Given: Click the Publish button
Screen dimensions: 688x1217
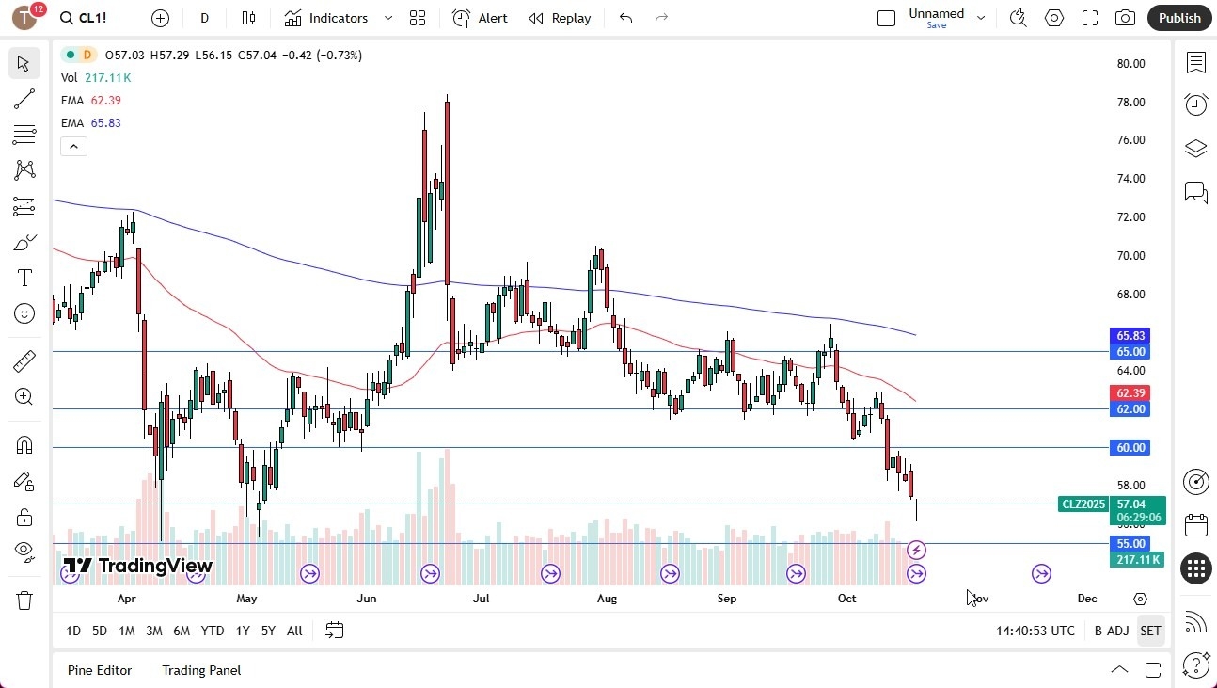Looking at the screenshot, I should click(1179, 18).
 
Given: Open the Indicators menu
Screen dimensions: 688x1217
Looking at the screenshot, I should click(339, 18).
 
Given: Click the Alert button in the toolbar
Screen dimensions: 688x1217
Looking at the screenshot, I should click(480, 18).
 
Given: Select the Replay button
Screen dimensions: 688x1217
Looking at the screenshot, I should click(560, 18).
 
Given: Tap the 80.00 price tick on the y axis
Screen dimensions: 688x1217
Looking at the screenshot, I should click(1130, 64).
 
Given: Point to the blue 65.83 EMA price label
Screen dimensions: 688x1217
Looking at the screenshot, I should click(1130, 336).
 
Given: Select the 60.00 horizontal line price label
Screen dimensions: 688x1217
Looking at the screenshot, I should click(1130, 448).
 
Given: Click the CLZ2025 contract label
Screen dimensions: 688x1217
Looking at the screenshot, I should click(1083, 504).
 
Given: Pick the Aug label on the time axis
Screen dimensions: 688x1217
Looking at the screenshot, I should click(607, 599).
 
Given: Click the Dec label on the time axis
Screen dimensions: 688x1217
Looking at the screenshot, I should click(1087, 599).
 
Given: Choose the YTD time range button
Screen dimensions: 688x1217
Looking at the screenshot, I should click(213, 631).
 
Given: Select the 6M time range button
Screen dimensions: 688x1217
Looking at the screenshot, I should click(182, 631).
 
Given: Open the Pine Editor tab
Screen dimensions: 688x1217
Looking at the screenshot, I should click(100, 670).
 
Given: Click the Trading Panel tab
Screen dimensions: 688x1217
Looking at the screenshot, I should click(201, 670).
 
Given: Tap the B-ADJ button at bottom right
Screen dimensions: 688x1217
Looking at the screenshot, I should click(1111, 631).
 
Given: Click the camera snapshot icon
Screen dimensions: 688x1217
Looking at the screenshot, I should click(1125, 18).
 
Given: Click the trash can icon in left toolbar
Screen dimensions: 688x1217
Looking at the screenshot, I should click(24, 600).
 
